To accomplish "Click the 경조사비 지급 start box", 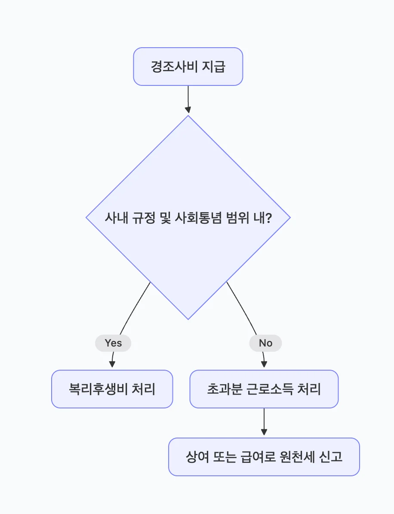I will pyautogui.click(x=188, y=67).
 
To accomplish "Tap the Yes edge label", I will pyautogui.click(x=113, y=343).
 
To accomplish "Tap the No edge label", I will pyautogui.click(x=265, y=343).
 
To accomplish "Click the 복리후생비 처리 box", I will pyautogui.click(x=112, y=389).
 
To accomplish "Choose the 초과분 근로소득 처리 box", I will pyautogui.click(x=264, y=389).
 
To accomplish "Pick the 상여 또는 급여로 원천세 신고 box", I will pyautogui.click(x=264, y=457).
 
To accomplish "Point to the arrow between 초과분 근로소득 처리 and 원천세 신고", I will pyautogui.click(x=264, y=423).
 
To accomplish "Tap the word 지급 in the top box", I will pyautogui.click(x=213, y=67).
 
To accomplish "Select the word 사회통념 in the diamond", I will pyautogui.click(x=199, y=218).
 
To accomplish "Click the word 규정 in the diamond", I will pyautogui.click(x=139, y=218).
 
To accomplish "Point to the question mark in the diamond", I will pyautogui.click(x=268, y=218).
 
